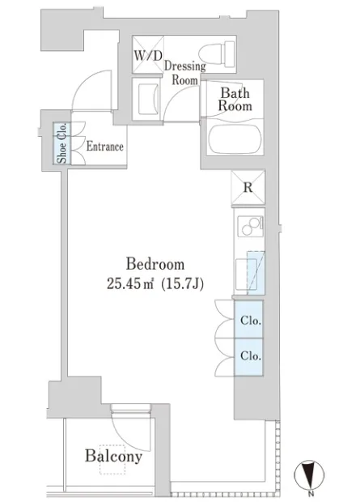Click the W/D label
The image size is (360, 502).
point(148,55)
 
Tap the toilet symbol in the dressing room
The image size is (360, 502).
point(217,54)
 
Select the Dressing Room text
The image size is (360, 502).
point(185,73)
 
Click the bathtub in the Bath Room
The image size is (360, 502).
point(235,139)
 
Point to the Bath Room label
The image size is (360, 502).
point(235,100)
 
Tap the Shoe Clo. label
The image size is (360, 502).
point(62,143)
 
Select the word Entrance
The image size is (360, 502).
point(105,147)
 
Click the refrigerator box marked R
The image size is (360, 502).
point(248,187)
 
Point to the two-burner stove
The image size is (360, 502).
point(250,227)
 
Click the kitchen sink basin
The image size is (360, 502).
point(246,275)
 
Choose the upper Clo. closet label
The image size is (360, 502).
point(251,320)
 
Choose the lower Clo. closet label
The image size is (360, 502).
point(251,355)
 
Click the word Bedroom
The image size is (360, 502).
point(155,264)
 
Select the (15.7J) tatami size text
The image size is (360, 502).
point(182,284)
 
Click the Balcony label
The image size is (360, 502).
point(113,456)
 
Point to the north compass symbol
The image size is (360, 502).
point(309,474)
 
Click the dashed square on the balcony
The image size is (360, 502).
point(112,459)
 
